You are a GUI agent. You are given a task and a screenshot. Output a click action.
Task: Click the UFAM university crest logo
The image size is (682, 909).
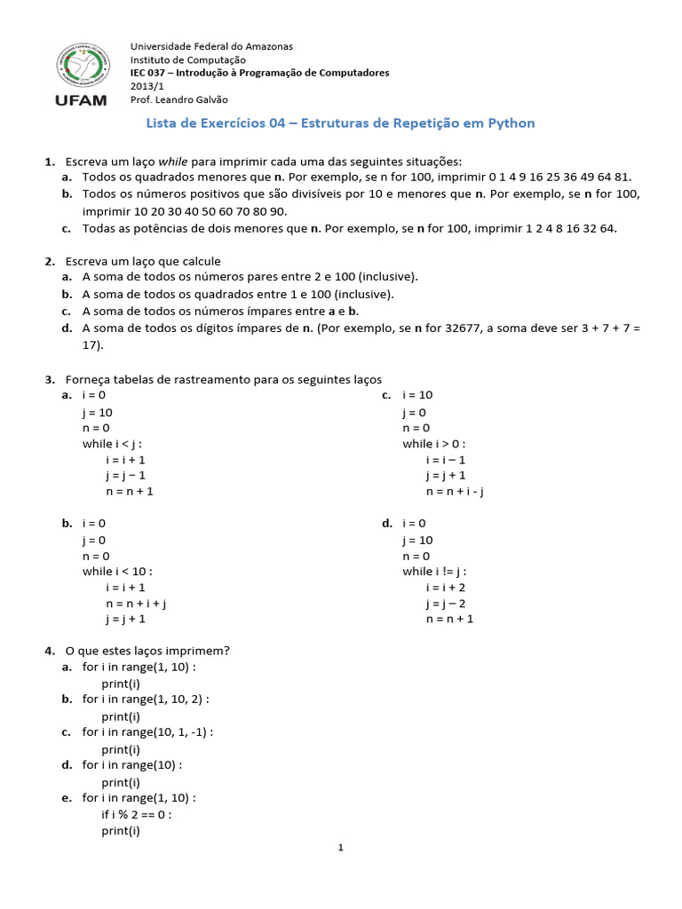[x=81, y=66]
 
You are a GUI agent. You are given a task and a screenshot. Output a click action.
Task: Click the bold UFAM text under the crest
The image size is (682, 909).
[x=81, y=100]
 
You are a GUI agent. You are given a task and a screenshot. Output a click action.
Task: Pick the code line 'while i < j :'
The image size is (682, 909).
[x=112, y=444]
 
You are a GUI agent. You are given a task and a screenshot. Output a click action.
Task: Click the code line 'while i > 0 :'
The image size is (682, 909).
[x=433, y=444]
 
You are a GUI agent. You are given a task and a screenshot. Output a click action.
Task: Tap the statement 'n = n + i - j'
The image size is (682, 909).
[x=454, y=492]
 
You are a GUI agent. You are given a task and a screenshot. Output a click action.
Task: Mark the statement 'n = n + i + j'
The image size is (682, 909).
[x=137, y=604]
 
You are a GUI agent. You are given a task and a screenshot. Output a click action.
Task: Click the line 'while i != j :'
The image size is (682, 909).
[x=434, y=571]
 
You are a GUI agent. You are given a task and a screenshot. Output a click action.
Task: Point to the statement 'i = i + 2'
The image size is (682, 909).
[x=445, y=588]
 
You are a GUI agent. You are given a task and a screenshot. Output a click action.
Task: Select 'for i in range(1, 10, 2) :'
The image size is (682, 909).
[x=146, y=700]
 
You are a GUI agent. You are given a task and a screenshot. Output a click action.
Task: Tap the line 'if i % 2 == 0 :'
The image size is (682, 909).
[x=137, y=814]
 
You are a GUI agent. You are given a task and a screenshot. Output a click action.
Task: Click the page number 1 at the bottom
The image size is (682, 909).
[x=340, y=848]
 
